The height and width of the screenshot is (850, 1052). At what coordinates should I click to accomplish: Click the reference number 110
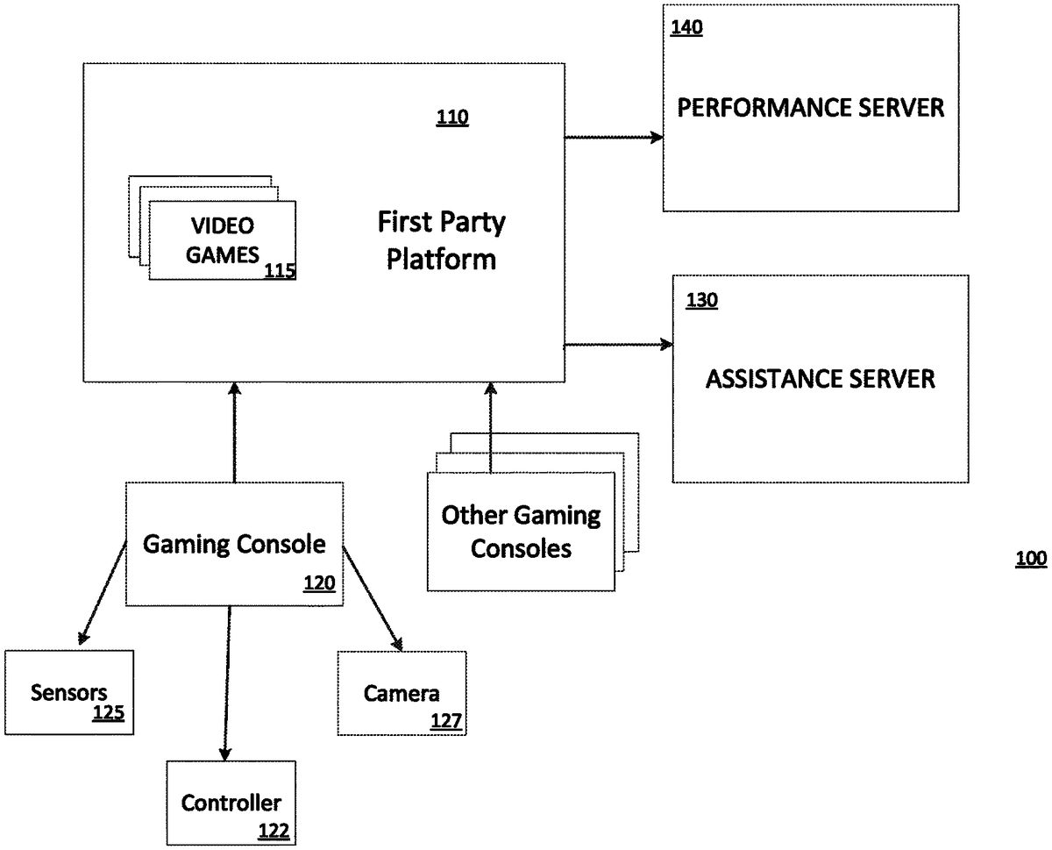(x=452, y=118)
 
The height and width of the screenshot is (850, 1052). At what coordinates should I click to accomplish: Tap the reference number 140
(x=686, y=28)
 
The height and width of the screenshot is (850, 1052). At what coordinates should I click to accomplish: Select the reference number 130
(x=701, y=301)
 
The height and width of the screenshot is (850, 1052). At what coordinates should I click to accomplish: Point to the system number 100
(x=1031, y=559)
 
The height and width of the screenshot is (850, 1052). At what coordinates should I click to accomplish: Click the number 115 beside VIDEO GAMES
(x=280, y=271)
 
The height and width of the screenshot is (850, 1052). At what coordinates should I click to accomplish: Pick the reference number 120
(x=319, y=583)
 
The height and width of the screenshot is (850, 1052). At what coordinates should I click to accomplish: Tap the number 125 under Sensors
(x=109, y=714)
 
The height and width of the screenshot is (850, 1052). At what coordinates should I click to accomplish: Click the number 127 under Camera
(x=446, y=722)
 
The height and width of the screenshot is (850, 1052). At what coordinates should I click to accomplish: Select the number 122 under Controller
(x=273, y=830)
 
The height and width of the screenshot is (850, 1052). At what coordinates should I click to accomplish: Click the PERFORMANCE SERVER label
(x=811, y=108)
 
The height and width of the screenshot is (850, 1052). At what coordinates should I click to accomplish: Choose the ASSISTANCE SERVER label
(x=821, y=379)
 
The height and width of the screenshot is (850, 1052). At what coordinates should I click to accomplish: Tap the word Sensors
(x=69, y=693)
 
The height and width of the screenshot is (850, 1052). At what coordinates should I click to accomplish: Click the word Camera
(x=402, y=695)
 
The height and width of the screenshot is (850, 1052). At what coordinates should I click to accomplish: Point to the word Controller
(x=231, y=802)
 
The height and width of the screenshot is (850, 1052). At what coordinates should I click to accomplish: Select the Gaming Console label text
(x=234, y=544)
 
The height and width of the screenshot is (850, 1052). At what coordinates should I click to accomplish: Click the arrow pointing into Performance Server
(x=614, y=137)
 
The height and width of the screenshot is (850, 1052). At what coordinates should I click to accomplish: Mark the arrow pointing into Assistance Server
(x=618, y=345)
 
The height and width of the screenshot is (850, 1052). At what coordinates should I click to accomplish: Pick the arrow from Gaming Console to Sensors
(x=103, y=592)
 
